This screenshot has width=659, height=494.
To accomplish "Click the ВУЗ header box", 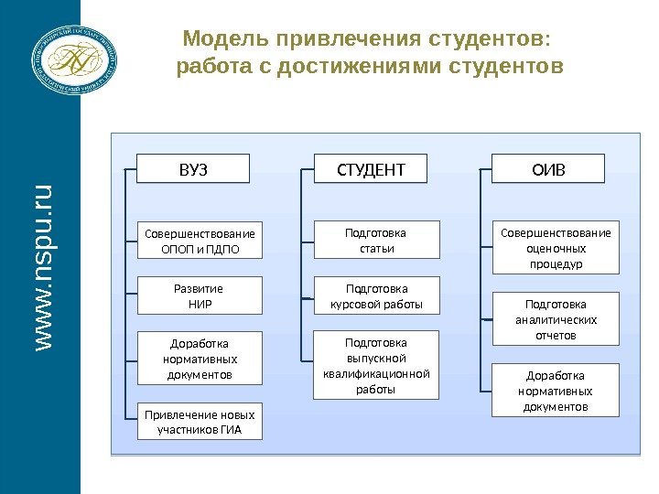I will click(x=192, y=169).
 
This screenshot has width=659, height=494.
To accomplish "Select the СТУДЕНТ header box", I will click(x=371, y=169).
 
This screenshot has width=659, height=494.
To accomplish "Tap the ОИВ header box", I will click(x=549, y=169).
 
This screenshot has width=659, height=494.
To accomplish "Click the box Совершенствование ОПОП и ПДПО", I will click(x=199, y=240).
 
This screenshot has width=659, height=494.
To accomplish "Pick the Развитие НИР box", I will click(x=199, y=295).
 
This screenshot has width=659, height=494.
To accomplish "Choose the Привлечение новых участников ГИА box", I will click(x=199, y=421).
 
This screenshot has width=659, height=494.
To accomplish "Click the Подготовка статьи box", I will click(x=376, y=240).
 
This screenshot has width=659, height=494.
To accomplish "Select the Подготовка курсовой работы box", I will click(x=376, y=295).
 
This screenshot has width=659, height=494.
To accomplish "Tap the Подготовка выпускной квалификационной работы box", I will click(x=376, y=365).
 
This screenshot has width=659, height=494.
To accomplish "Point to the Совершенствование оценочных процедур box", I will click(x=556, y=247).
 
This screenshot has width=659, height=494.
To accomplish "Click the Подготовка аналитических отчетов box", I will click(x=556, y=318).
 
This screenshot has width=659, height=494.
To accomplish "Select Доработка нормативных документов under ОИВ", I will click(x=556, y=391).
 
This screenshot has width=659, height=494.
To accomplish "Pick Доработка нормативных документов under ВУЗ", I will click(x=199, y=359).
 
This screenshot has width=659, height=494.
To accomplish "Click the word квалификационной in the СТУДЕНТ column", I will click(x=376, y=373).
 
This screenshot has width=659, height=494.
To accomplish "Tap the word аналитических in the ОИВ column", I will click(x=556, y=319).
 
